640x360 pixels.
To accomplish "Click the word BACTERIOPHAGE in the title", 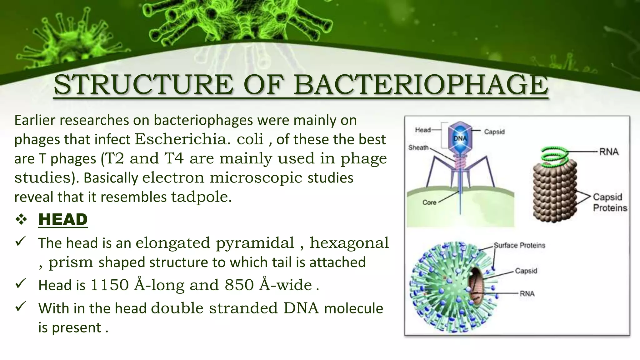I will [421, 85].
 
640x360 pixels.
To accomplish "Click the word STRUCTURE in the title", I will [143, 85].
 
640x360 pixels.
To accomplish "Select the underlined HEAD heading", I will [63, 219].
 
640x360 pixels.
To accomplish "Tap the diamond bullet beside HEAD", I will [21, 220].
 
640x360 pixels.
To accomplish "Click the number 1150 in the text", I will [109, 285].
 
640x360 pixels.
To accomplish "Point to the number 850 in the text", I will [239, 285].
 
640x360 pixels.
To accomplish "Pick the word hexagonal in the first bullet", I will [349, 243].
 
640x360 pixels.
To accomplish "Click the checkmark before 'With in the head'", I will [20, 307].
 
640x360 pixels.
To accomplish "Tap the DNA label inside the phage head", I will [460, 138].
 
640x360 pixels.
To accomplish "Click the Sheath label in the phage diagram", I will [418, 147].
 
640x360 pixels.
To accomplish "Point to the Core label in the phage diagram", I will [429, 202].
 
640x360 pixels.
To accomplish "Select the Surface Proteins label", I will [519, 245].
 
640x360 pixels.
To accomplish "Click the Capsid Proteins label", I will [610, 202].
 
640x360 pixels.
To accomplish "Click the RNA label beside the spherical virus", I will [527, 294].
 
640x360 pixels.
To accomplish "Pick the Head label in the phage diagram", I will [423, 130].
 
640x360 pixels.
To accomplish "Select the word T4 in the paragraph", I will [174, 158].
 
